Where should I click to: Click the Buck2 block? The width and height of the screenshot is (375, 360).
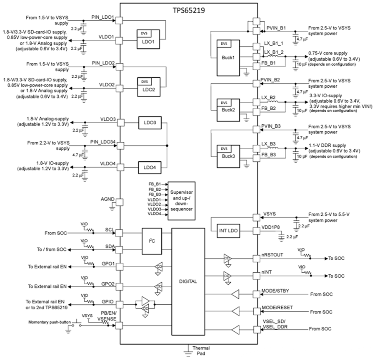point(227,110)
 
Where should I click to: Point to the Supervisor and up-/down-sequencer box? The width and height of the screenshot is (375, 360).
point(181,197)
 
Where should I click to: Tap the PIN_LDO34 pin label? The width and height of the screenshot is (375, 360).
point(102,142)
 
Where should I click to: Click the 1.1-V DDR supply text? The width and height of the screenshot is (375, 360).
point(327,146)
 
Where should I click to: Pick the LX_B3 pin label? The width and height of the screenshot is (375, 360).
point(269,144)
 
